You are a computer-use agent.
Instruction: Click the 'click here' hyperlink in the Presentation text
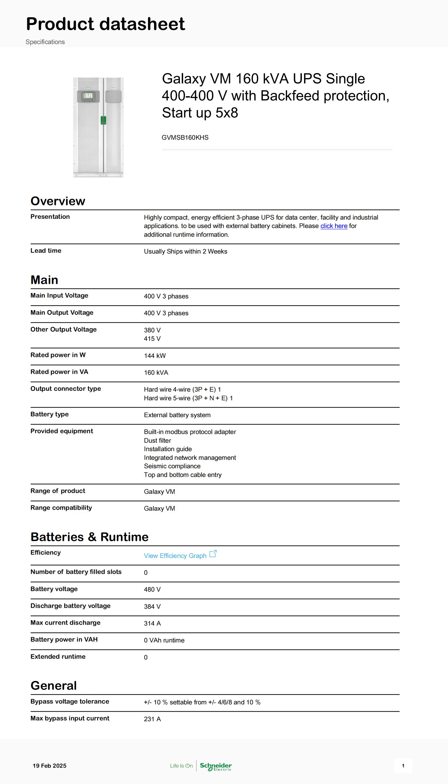(334, 226)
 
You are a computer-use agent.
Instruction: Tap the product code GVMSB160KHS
(185, 138)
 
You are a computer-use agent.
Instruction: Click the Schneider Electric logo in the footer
(216, 766)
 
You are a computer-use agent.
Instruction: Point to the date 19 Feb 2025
(49, 766)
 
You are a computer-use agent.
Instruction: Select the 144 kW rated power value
(155, 356)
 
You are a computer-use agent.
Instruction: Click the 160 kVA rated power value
(156, 373)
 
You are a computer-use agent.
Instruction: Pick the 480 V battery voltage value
(152, 589)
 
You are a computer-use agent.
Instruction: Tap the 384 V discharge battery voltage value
(152, 607)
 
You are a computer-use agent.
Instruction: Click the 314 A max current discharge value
(152, 623)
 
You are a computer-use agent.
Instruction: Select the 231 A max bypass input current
(152, 719)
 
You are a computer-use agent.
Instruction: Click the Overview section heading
(58, 201)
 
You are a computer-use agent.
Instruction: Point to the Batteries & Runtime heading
(90, 537)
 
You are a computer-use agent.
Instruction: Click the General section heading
(54, 686)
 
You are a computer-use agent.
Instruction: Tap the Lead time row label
(46, 251)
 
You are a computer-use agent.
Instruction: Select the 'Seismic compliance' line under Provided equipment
(172, 466)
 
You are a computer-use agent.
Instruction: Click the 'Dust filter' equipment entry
(158, 441)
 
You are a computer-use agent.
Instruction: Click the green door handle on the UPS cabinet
(104, 120)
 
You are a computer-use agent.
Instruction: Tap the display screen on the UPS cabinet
(88, 96)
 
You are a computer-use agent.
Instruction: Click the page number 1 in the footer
(403, 766)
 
